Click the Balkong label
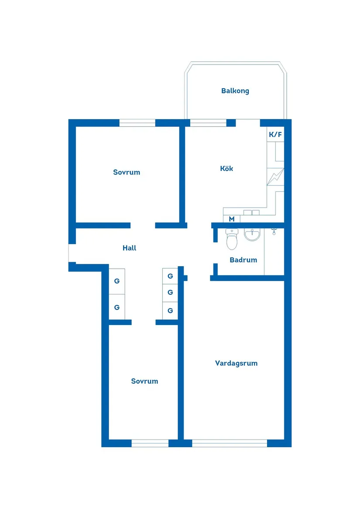tap(235, 91)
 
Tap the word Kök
tap(226, 168)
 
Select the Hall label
tap(129, 248)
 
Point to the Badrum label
tap(243, 260)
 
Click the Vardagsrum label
tap(236, 363)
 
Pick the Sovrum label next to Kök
tap(127, 172)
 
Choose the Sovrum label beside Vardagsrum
tap(144, 381)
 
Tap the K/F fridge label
tap(275, 134)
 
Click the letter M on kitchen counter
tap(232, 219)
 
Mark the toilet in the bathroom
tap(232, 239)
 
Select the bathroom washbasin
tap(252, 235)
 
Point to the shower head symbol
tap(274, 232)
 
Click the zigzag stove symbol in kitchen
tap(275, 177)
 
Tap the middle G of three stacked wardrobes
tap(170, 292)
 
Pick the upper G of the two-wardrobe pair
tap(117, 281)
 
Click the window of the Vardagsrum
tap(230, 443)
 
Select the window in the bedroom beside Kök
tap(137, 123)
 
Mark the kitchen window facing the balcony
tap(208, 123)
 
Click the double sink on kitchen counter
tap(251, 212)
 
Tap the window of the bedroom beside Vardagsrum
tap(150, 443)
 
